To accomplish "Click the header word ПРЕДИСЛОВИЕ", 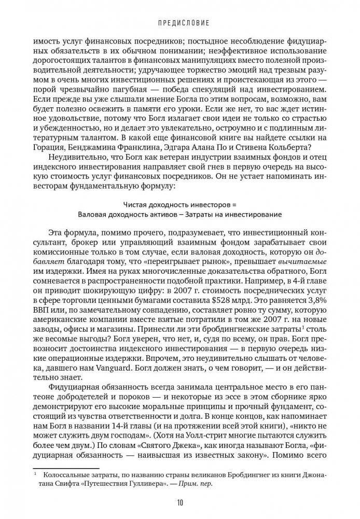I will pos(180,23).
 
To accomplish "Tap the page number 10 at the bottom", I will pos(179,502).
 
